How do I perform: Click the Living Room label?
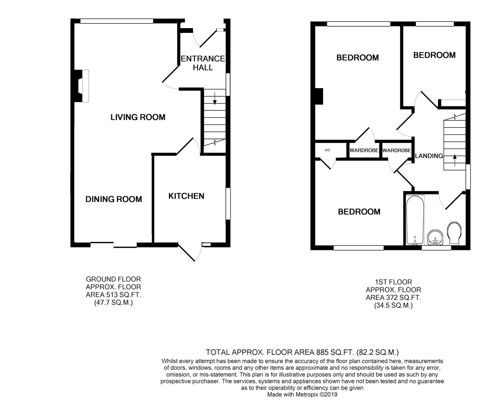click(x=138, y=117)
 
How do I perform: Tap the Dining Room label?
click(x=114, y=199)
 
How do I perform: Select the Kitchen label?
click(x=186, y=196)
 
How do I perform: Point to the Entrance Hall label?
click(x=203, y=63)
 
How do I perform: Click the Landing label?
click(x=429, y=156)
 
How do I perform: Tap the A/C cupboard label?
click(x=328, y=150)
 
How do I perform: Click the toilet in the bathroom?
click(x=454, y=233)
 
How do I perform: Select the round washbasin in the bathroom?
click(x=435, y=238)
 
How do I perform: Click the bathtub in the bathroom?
click(x=415, y=220)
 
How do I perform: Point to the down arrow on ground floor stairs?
click(x=215, y=98)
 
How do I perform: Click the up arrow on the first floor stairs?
click(x=455, y=160)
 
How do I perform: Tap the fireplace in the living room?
click(x=81, y=86)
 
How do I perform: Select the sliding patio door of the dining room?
click(x=114, y=245)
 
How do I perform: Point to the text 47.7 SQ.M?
click(x=114, y=303)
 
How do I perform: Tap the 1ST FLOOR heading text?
click(x=393, y=282)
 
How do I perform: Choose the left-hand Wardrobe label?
click(x=364, y=150)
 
